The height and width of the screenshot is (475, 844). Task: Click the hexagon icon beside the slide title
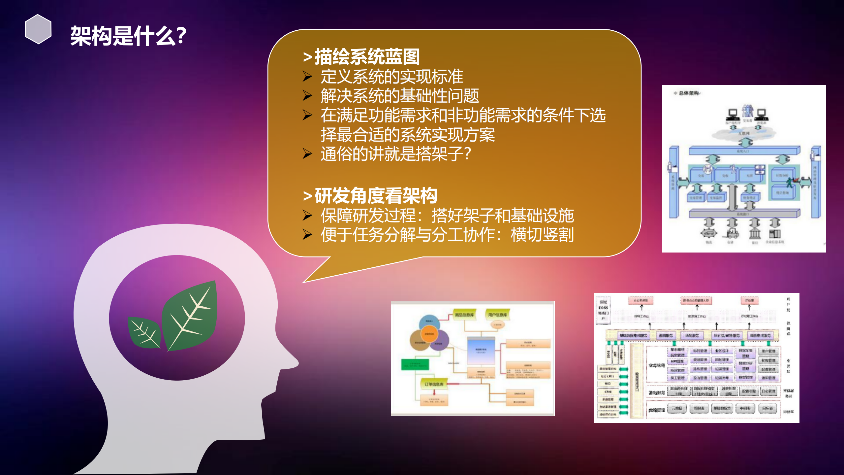[38, 29]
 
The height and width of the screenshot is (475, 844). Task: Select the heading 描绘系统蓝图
[367, 56]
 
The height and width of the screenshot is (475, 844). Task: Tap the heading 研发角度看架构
[376, 195]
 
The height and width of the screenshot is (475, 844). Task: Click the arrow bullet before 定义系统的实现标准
[307, 77]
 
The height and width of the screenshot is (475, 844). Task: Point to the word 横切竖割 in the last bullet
[542, 235]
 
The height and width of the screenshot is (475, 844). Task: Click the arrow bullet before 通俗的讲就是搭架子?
[307, 153]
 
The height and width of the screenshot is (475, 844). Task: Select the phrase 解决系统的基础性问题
[400, 96]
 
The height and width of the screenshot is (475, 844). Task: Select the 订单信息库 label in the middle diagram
[434, 384]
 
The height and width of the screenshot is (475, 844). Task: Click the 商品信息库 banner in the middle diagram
[464, 315]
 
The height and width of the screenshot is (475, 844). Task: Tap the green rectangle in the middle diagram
[415, 364]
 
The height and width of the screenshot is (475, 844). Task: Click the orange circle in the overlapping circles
[429, 334]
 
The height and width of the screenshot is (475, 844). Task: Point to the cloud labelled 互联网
[743, 133]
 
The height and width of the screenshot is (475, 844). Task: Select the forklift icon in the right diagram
[731, 234]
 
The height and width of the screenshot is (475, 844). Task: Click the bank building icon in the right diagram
[755, 234]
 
